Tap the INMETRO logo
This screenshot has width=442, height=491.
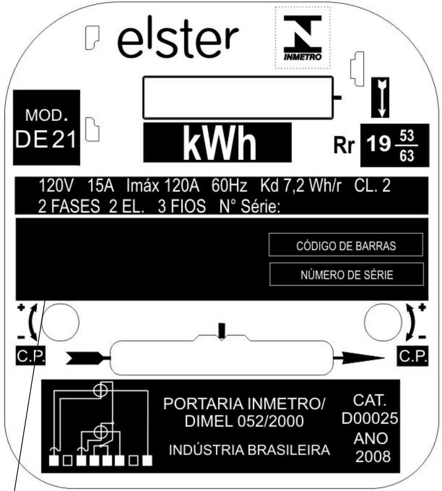[x=303, y=38]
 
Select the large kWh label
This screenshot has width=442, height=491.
[x=220, y=143]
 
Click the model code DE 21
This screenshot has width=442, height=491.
[x=46, y=139]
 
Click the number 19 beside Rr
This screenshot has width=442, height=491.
[x=379, y=144]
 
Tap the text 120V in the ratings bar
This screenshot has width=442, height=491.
[x=56, y=186]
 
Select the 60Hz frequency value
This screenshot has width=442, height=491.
[x=229, y=186]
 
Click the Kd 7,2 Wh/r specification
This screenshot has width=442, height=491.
[x=300, y=186]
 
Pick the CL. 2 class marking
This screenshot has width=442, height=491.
[x=372, y=186]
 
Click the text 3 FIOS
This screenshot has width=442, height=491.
[x=182, y=206]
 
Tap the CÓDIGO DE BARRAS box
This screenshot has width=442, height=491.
[x=346, y=245]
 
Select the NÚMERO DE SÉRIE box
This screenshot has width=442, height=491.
[x=346, y=274]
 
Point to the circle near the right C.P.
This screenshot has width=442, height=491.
[x=383, y=322]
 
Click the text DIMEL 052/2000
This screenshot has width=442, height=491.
[x=244, y=421]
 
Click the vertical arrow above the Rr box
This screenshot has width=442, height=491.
[x=380, y=97]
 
